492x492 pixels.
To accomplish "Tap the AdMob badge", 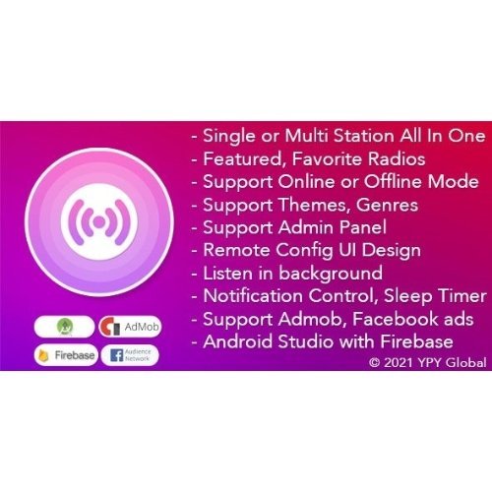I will click(130, 327).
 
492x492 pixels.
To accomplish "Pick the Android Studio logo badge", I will click(66, 327).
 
